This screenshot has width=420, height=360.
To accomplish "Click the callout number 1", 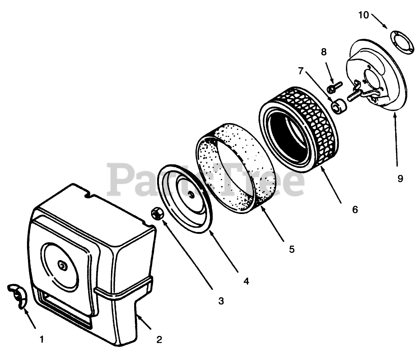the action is pyautogui.click(x=42, y=339).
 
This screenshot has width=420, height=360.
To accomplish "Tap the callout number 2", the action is pyautogui.click(x=159, y=339).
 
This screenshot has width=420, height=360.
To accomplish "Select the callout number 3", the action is pyautogui.click(x=221, y=301).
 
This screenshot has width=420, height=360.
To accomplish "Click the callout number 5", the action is pyautogui.click(x=292, y=249).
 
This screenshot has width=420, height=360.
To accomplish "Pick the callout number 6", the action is pyautogui.click(x=355, y=210).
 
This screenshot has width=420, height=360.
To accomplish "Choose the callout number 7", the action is pyautogui.click(x=301, y=71).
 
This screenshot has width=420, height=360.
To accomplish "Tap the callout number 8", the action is pyautogui.click(x=324, y=52).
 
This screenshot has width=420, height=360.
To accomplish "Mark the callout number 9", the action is pyautogui.click(x=400, y=178).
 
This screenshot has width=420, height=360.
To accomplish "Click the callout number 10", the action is pyautogui.click(x=364, y=15).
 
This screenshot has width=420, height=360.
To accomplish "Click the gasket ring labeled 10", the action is pyautogui.click(x=402, y=42).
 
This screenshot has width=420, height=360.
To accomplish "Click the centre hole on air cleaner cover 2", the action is pyautogui.click(x=64, y=266).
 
